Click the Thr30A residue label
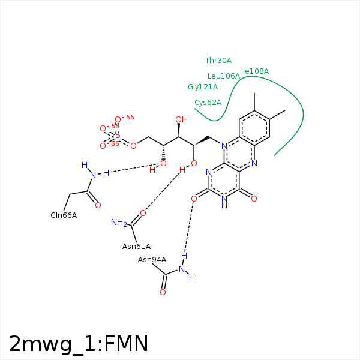pos(218,61)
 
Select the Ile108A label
pos(255,71)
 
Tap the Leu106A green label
pos(223,76)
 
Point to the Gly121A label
pos(203,87)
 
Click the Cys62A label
pos(208,102)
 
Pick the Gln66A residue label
pos(64,215)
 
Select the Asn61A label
pos(136,246)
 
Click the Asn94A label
pos(152,259)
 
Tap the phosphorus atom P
pos(118,137)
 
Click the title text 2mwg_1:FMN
pos(79,344)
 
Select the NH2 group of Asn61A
pos(119,223)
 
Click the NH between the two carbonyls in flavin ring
pos(224,202)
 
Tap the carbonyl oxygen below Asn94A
pos(163,292)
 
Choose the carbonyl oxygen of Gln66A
pos(98,205)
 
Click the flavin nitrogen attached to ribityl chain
pos(223,146)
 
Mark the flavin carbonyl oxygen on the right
pos(254,198)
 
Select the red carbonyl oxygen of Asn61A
pos(143,213)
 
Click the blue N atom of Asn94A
pos(182,268)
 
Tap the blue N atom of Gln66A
pos(93,175)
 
